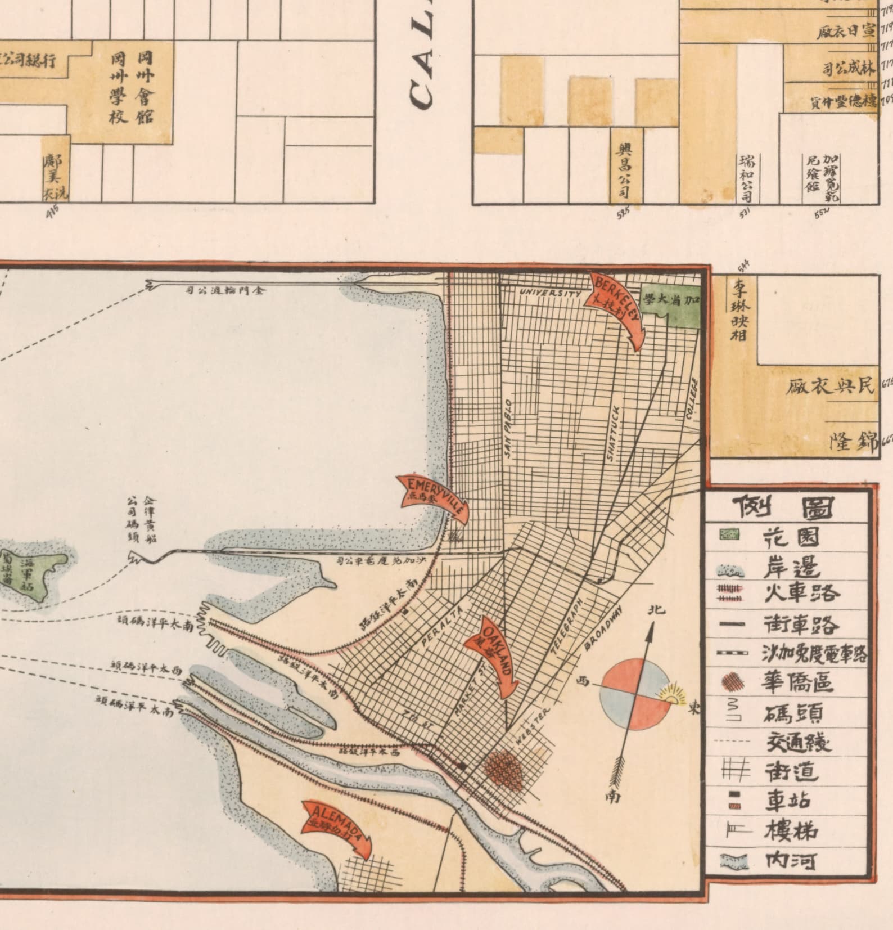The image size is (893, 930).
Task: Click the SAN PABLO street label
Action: (507, 430)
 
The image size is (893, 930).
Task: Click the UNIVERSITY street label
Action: (550, 293)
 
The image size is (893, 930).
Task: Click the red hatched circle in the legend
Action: (731, 682)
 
